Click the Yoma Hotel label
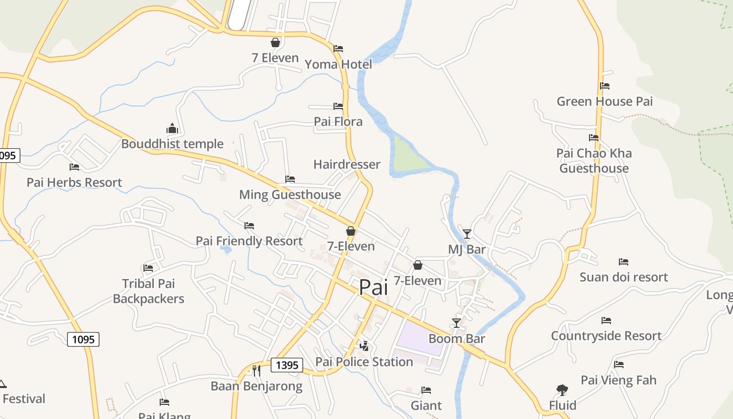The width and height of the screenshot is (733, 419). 338,64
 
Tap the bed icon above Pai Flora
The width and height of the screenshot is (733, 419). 338,106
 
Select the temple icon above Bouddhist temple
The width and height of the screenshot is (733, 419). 172,128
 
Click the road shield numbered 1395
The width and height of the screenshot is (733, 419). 287,365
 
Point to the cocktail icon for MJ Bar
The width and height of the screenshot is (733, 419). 467,234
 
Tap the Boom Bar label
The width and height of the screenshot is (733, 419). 457,338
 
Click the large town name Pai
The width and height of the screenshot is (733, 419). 373,288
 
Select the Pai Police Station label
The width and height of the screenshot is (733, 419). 364,362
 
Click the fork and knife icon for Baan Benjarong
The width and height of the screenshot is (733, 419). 256,371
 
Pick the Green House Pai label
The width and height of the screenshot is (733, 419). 605,102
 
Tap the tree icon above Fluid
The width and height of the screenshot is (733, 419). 562,390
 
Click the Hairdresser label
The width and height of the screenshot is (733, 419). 347,164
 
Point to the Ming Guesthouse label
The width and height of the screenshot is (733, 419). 290,195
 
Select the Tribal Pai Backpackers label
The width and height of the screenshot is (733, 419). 149,291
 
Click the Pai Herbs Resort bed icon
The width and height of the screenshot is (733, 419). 74,167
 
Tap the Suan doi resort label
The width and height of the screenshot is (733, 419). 624,277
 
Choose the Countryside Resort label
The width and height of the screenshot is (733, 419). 606,336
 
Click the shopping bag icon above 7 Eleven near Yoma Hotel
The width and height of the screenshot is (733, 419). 275,42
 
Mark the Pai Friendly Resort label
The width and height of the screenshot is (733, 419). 249,241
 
